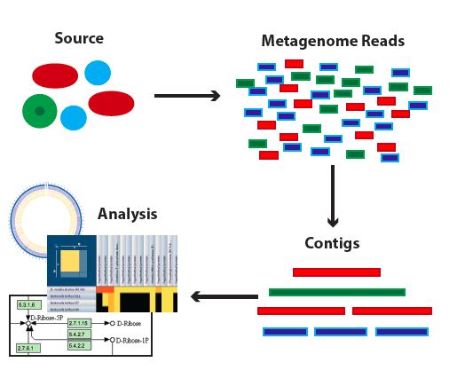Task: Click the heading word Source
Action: tap(78, 38)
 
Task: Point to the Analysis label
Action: tap(127, 214)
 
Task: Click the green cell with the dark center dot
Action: tap(40, 111)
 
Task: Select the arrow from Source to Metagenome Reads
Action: tap(186, 96)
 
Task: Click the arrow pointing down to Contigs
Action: tap(333, 195)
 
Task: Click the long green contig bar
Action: tap(336, 292)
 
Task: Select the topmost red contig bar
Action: tap(336, 272)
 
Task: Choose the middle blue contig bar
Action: tap(340, 332)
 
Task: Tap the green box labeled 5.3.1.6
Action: tap(28, 304)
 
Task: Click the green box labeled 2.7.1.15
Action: tap(80, 323)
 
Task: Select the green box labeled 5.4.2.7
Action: tap(80, 334)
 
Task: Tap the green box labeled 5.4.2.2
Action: tap(80, 345)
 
